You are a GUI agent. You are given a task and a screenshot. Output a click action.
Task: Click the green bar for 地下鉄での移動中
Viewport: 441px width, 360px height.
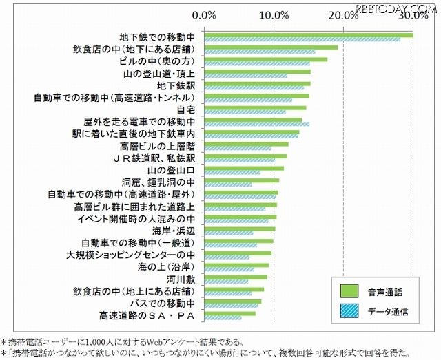pos(309,35)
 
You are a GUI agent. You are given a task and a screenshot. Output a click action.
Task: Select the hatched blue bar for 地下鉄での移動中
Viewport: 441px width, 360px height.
pos(302,40)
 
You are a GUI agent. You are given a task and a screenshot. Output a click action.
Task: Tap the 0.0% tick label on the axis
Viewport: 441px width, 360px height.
pos(205,14)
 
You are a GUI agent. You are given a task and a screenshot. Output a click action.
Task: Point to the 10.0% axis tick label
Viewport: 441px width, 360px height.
pos(274,14)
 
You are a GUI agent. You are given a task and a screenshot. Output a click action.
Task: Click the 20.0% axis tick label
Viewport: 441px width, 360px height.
pos(344,14)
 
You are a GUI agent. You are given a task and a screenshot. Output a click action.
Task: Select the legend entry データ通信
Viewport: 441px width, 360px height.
pos(389,311)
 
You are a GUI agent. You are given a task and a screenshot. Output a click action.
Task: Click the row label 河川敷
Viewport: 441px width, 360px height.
pos(181,279)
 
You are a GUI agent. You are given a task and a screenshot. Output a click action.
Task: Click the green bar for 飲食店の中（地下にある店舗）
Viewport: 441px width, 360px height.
pos(271,47)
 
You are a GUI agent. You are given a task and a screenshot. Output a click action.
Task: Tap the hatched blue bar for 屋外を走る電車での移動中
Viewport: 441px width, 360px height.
pos(257,125)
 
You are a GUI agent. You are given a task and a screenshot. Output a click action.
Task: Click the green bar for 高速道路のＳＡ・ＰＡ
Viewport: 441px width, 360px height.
pos(230,313)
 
